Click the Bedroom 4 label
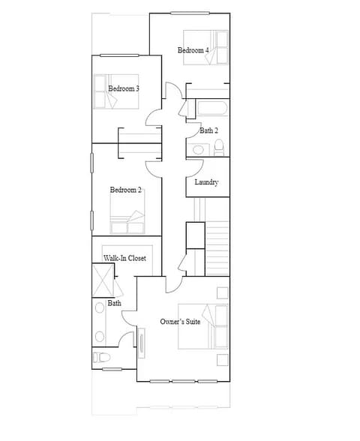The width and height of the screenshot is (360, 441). click(193, 50)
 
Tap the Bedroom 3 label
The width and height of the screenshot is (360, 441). click(124, 88)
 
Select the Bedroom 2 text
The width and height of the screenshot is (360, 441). click(126, 190)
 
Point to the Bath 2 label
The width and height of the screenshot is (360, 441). click(209, 130)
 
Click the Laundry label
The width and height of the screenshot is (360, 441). click(206, 182)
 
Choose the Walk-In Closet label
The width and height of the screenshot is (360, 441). click(124, 258)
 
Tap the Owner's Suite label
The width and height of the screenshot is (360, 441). click(180, 321)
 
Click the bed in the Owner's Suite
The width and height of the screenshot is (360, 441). click(203, 326)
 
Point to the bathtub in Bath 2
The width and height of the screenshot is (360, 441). click(210, 108)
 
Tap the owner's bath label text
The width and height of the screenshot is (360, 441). click(115, 303)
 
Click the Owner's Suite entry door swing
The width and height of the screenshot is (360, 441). click(171, 283)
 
